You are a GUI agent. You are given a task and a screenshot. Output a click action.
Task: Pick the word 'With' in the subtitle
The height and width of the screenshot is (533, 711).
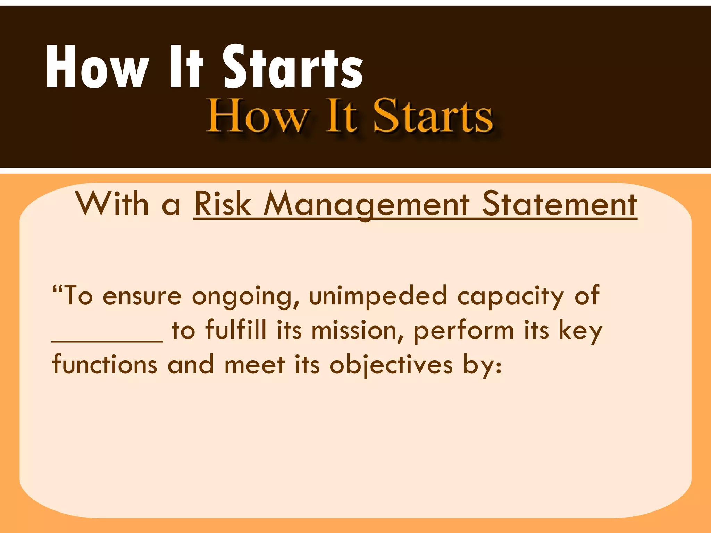pyautogui.click(x=112, y=204)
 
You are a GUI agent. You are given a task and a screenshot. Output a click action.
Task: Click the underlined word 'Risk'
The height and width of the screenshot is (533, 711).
pyautogui.click(x=223, y=204)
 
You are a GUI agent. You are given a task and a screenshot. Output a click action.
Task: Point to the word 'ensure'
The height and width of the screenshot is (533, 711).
pyautogui.click(x=142, y=296)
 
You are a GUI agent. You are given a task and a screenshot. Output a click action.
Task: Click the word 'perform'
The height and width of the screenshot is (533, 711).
pyautogui.click(x=463, y=330)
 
